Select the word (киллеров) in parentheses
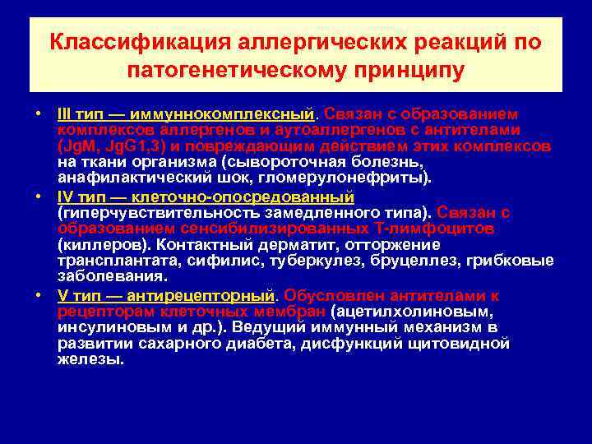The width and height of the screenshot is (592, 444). coord(96,245)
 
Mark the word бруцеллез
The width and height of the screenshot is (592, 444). coord(432,261)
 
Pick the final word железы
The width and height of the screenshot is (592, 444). coord(90,359)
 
